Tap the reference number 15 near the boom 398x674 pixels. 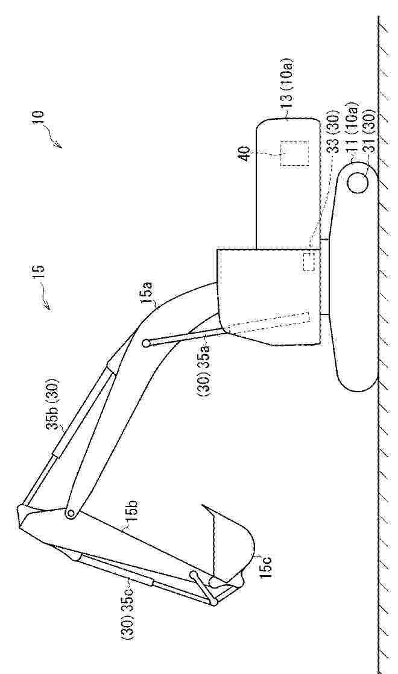(x=39, y=273)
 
